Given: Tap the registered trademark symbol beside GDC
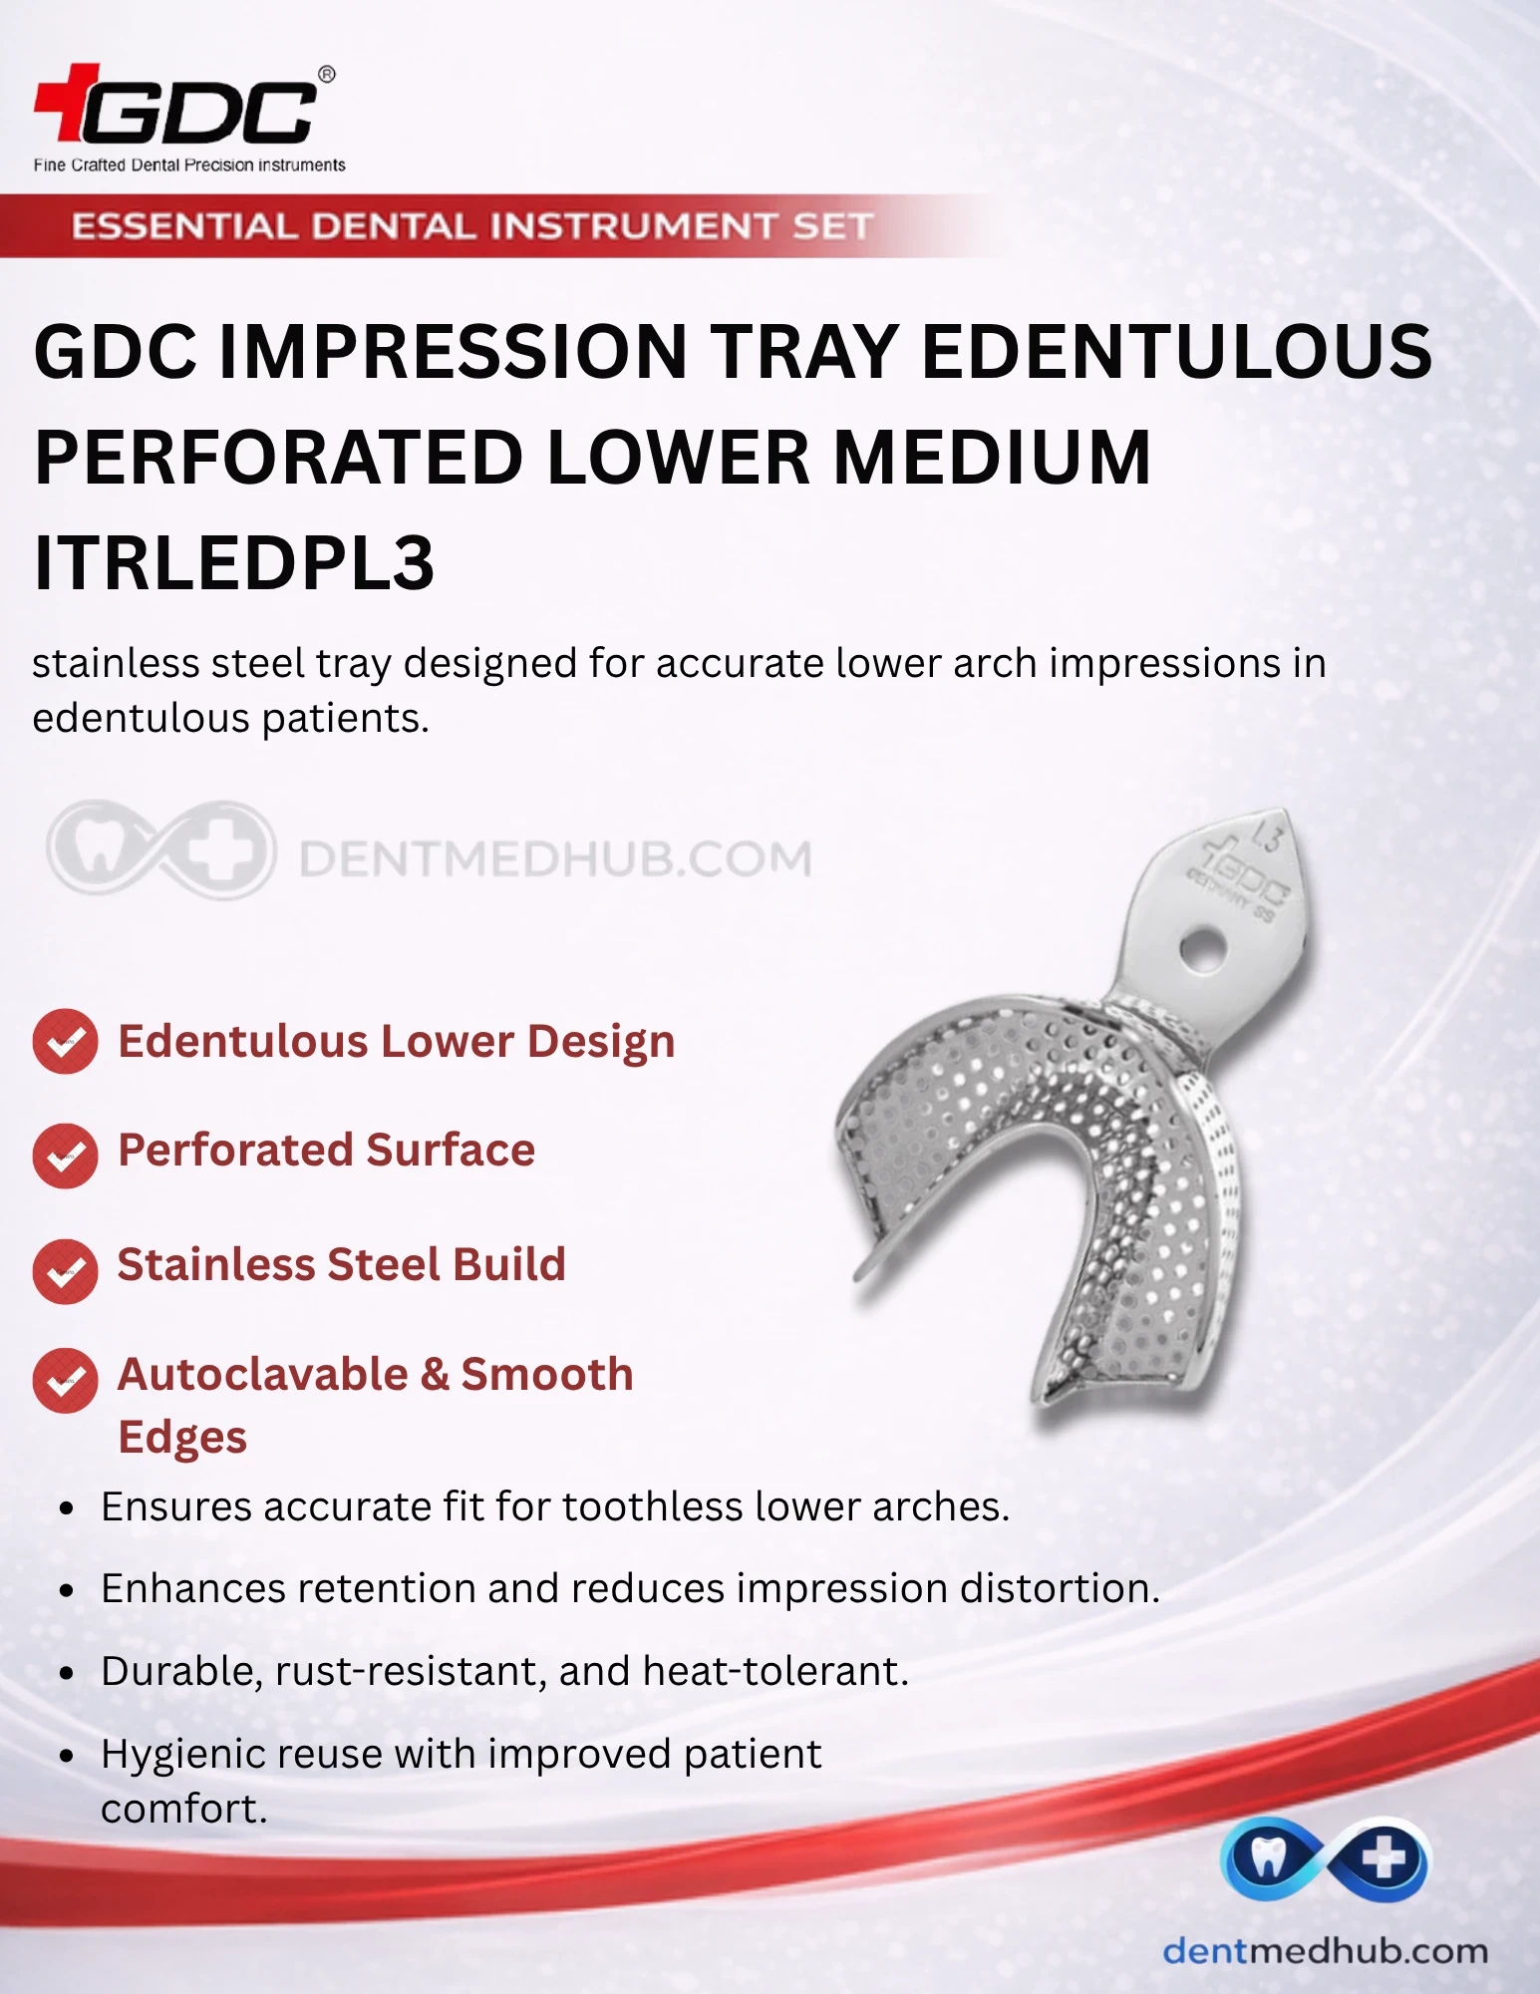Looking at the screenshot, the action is pyautogui.click(x=326, y=75).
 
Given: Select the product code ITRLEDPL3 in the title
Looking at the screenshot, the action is pyautogui.click(x=234, y=562).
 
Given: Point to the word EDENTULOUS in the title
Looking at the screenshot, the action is pyautogui.click(x=1177, y=351).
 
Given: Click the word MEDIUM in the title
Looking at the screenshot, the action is pyautogui.click(x=992, y=457).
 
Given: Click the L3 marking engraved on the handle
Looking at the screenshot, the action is pyautogui.click(x=1265, y=834).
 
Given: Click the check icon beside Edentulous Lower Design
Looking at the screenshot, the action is pyautogui.click(x=65, y=1042).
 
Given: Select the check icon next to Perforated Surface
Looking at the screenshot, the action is pyautogui.click(x=65, y=1156).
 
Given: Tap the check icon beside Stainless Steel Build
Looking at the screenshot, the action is pyautogui.click(x=65, y=1271).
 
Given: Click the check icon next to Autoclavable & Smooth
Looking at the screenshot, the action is pyautogui.click(x=65, y=1381).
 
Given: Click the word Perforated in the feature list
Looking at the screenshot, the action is pyautogui.click(x=235, y=1150).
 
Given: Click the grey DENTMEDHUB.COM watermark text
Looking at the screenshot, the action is pyautogui.click(x=555, y=859).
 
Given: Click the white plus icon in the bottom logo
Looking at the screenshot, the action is pyautogui.click(x=1385, y=1857).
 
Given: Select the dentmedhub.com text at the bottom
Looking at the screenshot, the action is pyautogui.click(x=1325, y=1950).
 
